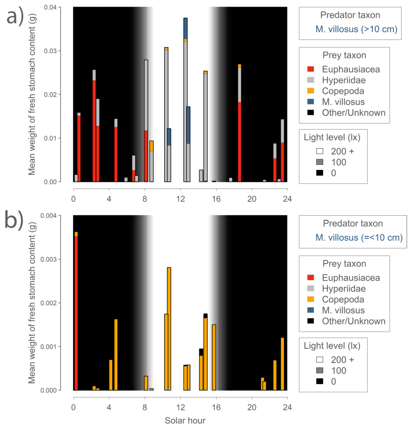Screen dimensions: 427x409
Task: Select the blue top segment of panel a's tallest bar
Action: click(185, 28)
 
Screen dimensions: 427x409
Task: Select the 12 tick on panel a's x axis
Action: click(180, 199)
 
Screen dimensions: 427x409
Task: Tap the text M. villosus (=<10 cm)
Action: click(359, 238)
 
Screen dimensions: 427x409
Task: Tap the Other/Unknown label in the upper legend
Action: click(354, 113)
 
